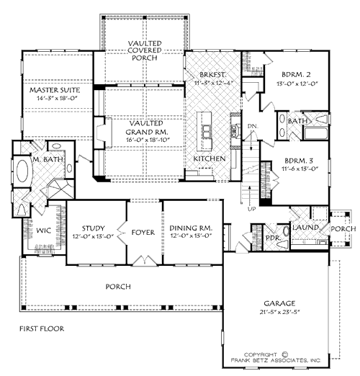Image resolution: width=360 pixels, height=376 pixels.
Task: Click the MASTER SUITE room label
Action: click(55, 90)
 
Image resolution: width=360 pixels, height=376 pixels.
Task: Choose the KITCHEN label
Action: click(210, 158)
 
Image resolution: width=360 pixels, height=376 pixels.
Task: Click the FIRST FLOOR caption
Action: click(41, 328)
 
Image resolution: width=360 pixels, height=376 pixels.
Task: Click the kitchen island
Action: click(208, 130)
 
